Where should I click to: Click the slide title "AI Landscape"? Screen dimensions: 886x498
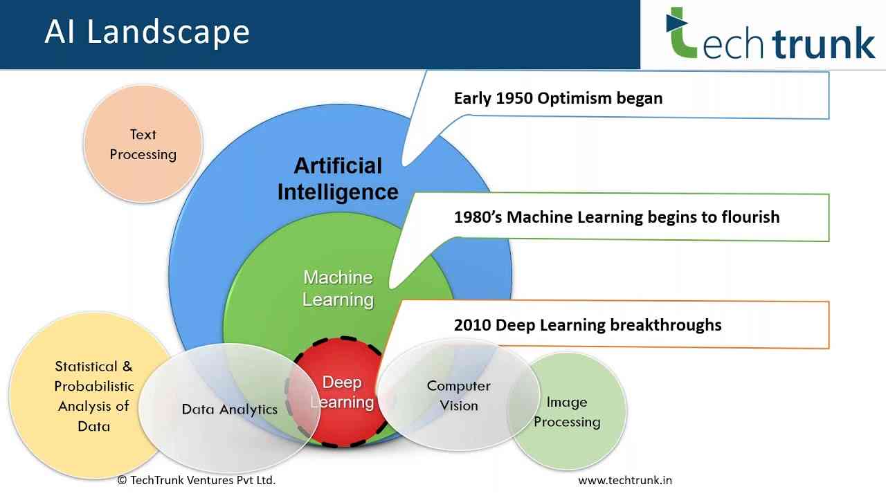[147, 32]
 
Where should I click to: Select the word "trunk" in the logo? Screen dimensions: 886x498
[824, 43]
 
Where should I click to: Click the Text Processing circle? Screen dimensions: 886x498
[143, 145]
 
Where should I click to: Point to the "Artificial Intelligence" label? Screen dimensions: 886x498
[338, 178]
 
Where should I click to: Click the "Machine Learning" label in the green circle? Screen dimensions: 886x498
[338, 288]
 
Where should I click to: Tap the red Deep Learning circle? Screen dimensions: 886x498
[343, 392]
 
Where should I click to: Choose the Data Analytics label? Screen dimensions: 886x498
[229, 409]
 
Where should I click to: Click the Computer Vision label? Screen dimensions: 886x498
[459, 396]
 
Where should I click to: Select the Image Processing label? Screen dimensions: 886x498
[567, 412]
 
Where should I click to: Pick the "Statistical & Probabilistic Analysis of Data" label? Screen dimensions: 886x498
[93, 396]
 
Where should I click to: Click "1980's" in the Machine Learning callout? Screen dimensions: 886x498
[478, 217]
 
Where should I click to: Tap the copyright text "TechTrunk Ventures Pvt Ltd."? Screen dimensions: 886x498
[203, 480]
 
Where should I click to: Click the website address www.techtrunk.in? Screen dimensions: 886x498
[625, 481]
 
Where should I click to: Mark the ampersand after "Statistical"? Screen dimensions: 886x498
[127, 367]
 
